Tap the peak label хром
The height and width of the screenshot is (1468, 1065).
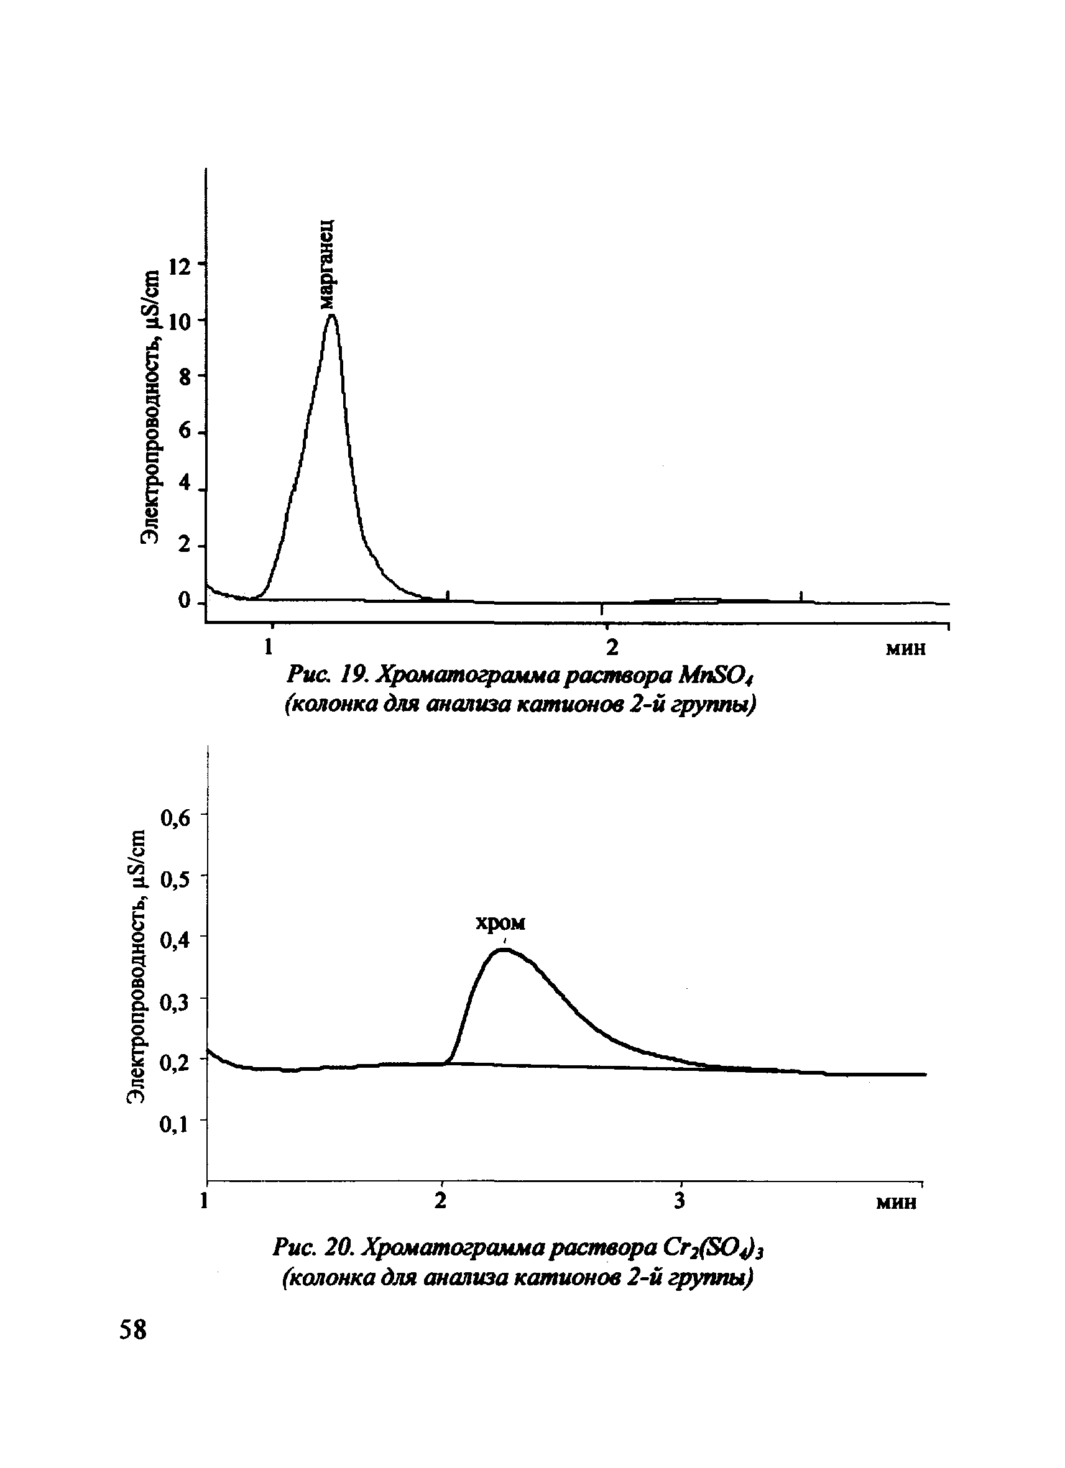[500, 923]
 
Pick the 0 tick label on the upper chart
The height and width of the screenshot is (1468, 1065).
[186, 602]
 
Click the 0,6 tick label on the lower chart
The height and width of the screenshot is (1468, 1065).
[177, 818]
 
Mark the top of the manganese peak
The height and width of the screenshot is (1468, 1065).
[332, 316]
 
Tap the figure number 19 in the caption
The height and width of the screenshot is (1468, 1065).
[355, 677]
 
